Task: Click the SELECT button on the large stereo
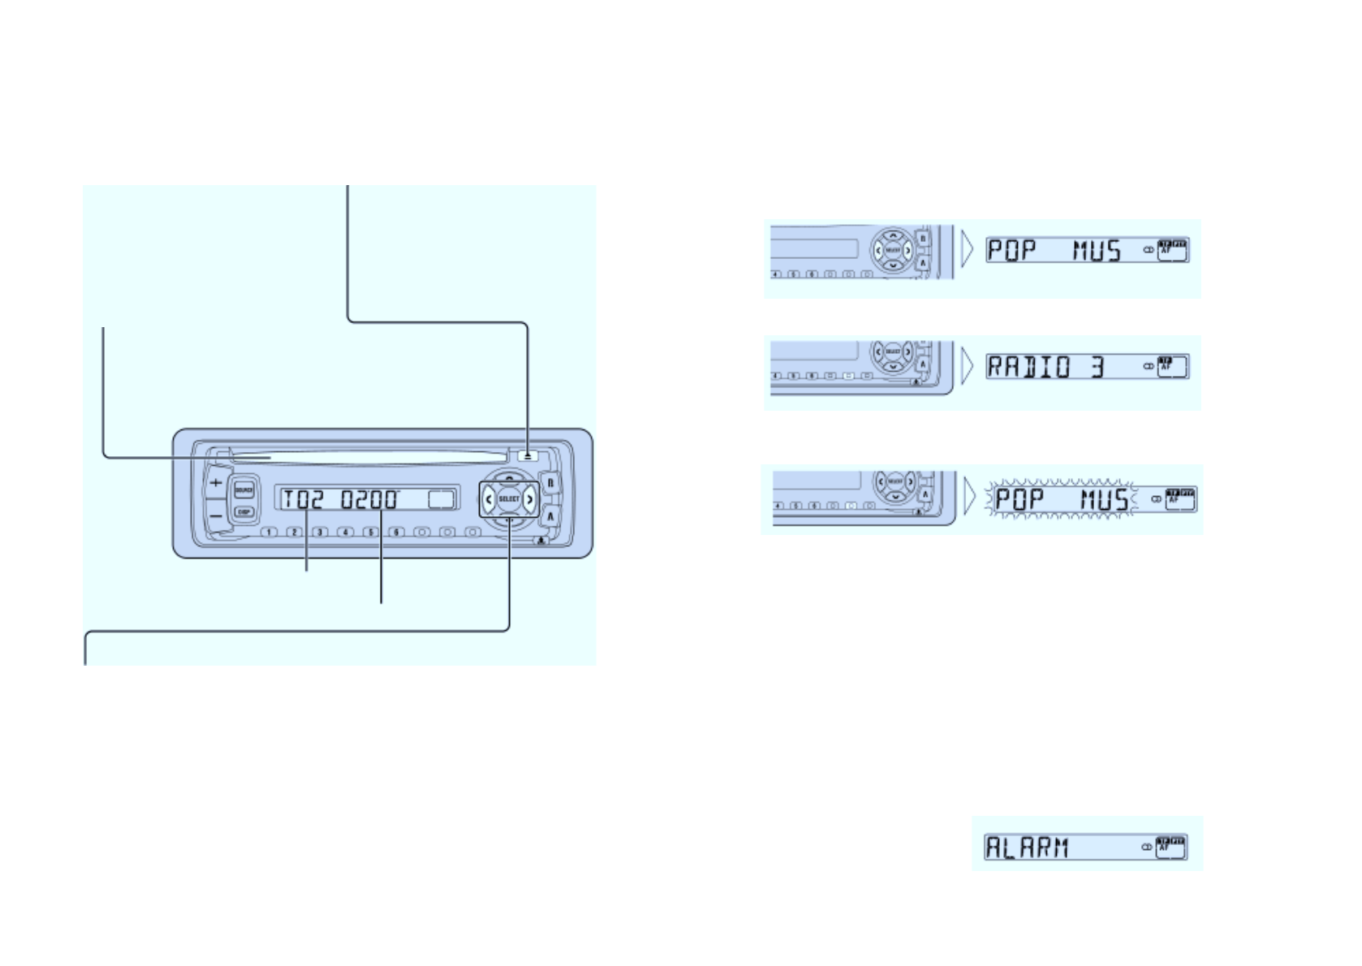509,498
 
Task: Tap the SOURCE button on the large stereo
244,490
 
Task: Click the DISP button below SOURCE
244,512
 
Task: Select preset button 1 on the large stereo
269,533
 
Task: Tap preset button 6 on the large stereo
396,533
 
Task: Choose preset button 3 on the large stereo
321,533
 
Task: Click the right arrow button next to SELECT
530,498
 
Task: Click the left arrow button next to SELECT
489,498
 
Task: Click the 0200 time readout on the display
370,498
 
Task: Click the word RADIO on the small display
1029,368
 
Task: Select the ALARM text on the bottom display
1027,847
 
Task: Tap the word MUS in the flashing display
1103,499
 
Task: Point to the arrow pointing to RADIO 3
966,368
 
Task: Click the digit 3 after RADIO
1097,368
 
